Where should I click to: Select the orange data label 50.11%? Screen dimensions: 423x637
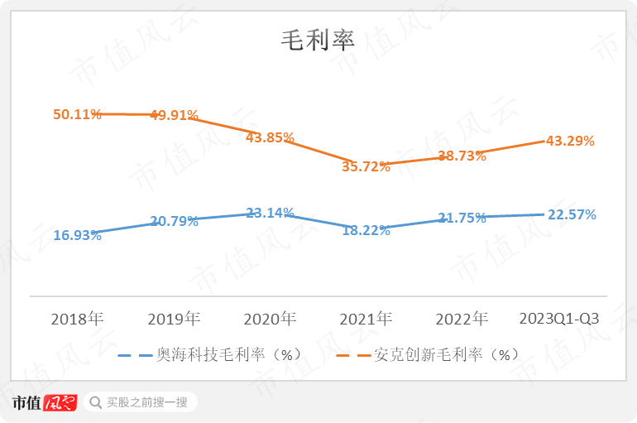[77, 114]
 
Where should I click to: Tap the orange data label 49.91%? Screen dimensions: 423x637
[174, 115]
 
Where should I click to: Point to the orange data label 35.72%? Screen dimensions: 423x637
[366, 166]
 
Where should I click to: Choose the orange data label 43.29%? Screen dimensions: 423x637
[570, 141]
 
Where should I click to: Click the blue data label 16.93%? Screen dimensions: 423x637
[77, 235]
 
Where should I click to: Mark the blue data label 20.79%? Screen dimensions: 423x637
[174, 221]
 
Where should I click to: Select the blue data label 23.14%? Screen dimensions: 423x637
[270, 213]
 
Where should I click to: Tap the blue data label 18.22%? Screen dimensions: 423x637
[366, 230]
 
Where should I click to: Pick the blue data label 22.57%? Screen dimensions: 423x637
[572, 214]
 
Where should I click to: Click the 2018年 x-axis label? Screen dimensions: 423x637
[77, 319]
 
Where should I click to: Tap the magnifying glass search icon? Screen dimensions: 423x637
[93, 403]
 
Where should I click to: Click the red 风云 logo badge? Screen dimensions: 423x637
[60, 403]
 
